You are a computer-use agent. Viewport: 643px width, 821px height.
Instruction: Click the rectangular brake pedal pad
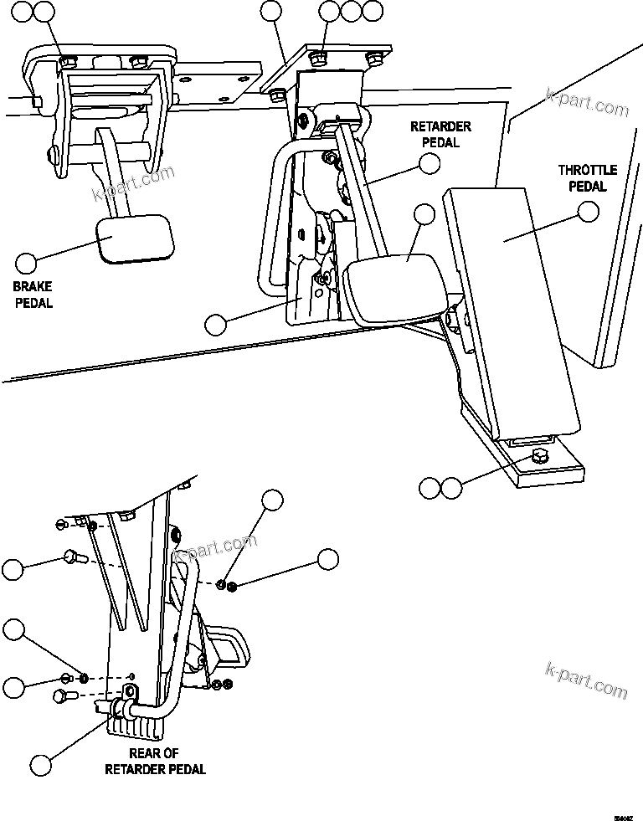(136, 240)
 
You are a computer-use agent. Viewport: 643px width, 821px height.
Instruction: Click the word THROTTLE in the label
(587, 171)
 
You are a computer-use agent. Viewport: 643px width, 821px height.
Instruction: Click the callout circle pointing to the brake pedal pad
(27, 264)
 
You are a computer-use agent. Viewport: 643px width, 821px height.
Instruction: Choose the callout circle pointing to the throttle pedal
(589, 212)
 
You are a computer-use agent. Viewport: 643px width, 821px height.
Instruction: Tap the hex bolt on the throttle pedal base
(538, 457)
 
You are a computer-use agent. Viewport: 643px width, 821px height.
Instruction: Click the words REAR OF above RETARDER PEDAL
(154, 754)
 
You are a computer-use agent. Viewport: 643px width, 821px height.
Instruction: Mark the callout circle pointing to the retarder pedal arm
(430, 163)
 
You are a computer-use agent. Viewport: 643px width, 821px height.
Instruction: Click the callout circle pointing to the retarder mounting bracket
(216, 323)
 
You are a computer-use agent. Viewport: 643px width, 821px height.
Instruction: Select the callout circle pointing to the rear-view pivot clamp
(40, 763)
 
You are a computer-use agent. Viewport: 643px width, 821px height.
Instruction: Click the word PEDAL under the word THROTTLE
(587, 187)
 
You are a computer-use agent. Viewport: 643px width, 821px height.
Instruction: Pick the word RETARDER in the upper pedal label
(440, 127)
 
